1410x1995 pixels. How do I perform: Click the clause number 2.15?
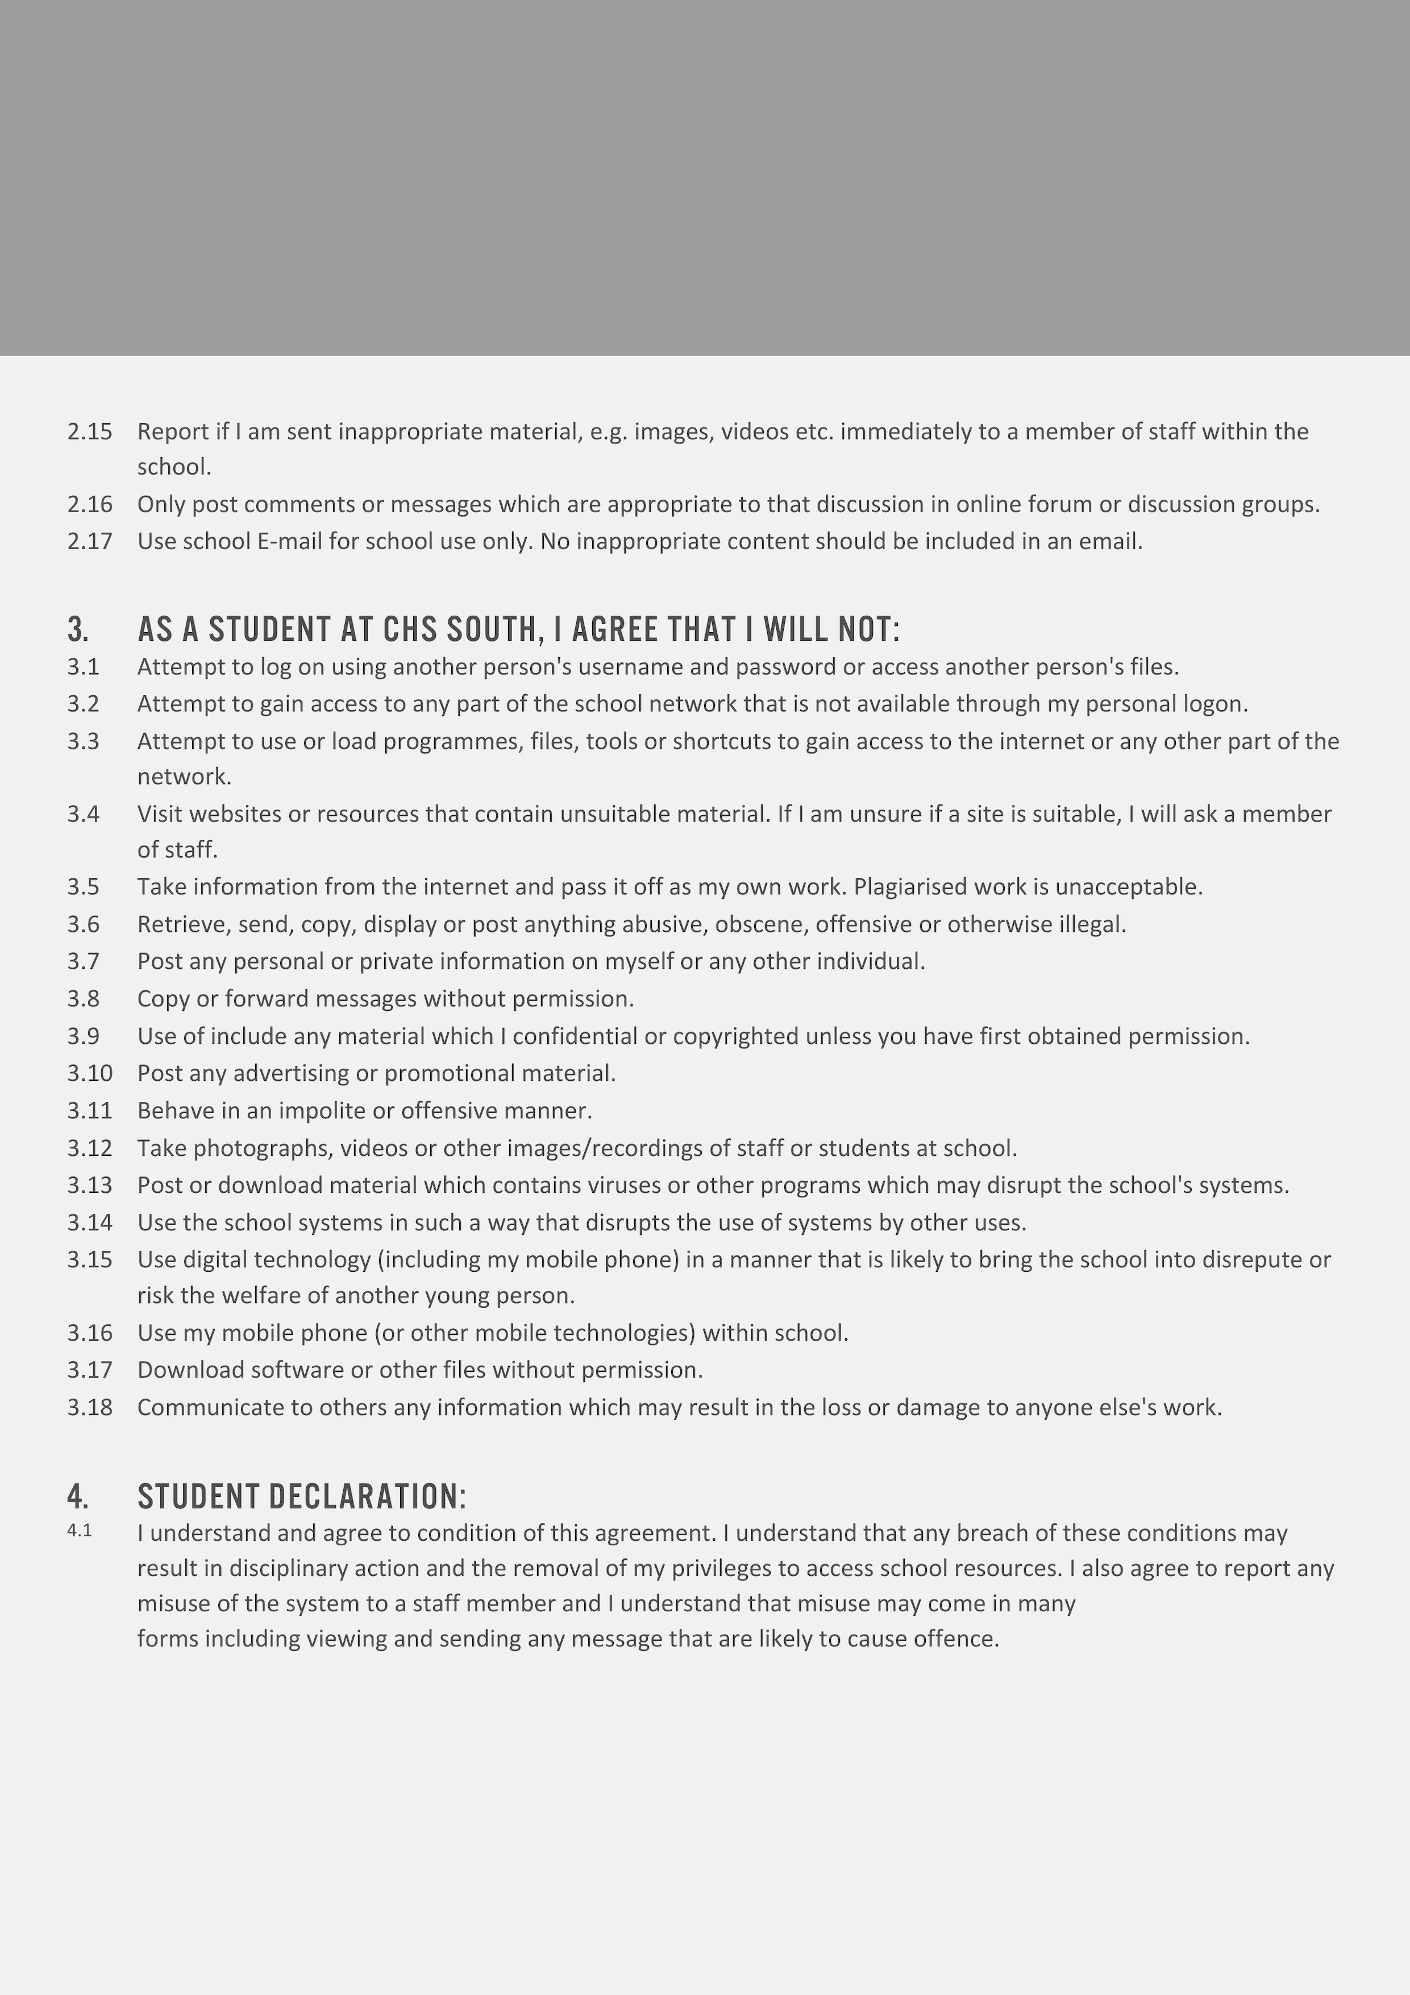click(89, 432)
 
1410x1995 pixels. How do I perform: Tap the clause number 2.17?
click(89, 541)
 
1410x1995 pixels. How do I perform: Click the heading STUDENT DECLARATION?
click(301, 1496)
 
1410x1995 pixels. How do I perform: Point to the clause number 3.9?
click(84, 1036)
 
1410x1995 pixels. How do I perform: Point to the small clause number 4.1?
click(79, 1530)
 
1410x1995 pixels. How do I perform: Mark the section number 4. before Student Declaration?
click(77, 1496)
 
